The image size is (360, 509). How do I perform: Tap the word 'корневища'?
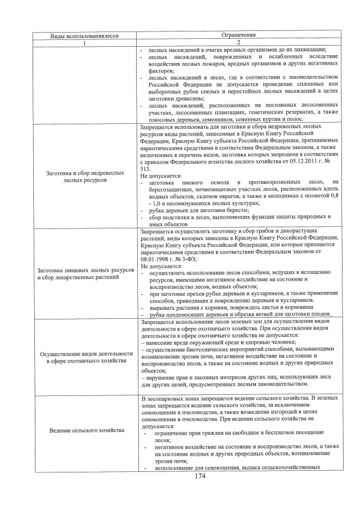(291, 308)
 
